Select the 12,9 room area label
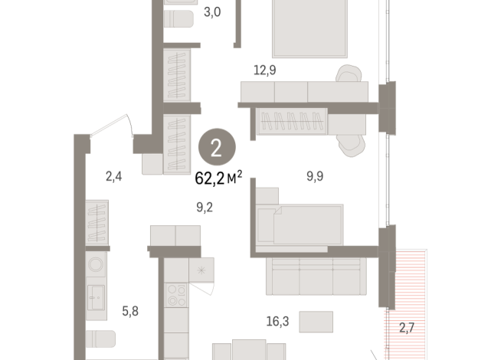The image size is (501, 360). coord(265,70)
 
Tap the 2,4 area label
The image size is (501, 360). coord(113,176)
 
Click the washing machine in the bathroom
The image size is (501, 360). coord(97,264)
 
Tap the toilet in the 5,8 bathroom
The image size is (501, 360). coord(102,339)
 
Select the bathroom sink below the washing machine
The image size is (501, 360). coord(97,295)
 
